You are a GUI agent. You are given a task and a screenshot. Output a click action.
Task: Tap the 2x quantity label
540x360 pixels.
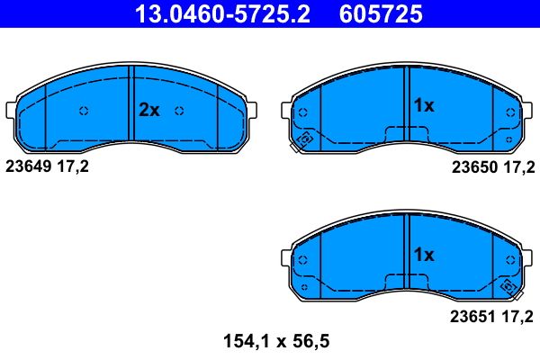[148, 111]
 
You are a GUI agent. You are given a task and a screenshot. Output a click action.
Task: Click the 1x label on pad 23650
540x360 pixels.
[423, 106]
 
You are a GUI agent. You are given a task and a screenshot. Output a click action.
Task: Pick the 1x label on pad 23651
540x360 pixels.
[423, 255]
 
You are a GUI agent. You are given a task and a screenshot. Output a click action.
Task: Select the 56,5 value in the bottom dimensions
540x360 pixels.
[312, 341]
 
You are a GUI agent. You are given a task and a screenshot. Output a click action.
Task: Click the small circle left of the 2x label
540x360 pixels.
[84, 112]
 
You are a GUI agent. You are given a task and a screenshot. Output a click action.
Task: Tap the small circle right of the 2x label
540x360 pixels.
[179, 112]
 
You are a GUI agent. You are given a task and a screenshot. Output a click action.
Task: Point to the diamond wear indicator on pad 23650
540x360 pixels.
[304, 139]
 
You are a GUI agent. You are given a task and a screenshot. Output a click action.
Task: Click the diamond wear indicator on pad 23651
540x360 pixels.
[508, 288]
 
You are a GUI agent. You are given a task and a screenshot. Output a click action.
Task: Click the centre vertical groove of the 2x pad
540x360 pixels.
[131, 103]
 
